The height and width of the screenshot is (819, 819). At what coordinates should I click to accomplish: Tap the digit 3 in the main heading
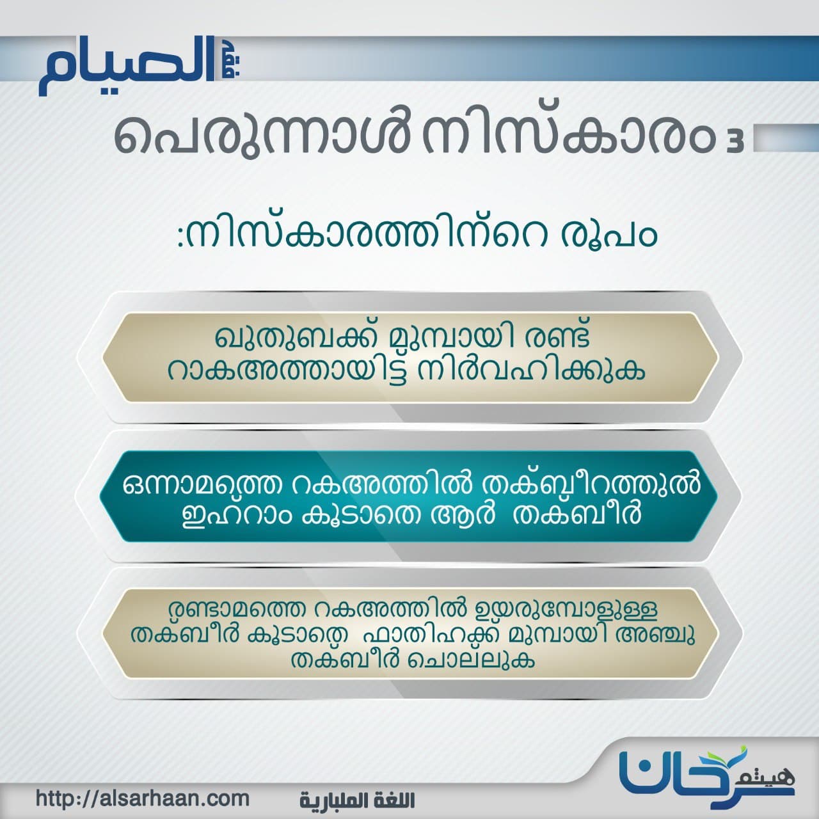tap(737, 142)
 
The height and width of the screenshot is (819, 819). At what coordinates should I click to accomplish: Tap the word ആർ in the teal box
tap(462, 514)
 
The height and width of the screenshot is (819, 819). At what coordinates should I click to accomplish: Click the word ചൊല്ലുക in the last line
tap(470, 661)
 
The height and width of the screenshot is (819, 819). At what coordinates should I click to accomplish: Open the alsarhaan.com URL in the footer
tap(143, 799)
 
